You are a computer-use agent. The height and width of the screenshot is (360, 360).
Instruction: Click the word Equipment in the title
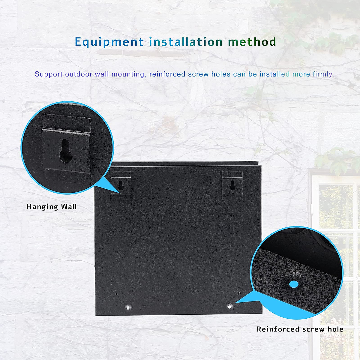click(x=109, y=42)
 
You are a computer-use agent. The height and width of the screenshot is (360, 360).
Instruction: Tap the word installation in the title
click(x=186, y=42)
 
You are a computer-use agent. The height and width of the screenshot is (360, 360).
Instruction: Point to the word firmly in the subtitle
click(x=323, y=74)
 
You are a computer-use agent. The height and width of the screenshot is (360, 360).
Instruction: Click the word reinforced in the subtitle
click(x=167, y=74)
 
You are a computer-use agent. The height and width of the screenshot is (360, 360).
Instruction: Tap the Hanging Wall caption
click(x=52, y=207)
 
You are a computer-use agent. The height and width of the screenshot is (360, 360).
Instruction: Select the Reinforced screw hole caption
click(x=300, y=329)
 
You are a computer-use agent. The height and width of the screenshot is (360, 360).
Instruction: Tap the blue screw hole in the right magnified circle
click(x=294, y=284)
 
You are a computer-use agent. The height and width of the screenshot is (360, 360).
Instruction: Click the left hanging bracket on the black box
click(x=121, y=186)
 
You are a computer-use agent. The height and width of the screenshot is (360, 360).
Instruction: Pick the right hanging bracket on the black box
click(x=232, y=185)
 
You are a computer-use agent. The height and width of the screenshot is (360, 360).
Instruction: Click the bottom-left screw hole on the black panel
click(x=128, y=307)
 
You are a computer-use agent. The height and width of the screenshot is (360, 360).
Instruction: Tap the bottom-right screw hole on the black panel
click(x=230, y=307)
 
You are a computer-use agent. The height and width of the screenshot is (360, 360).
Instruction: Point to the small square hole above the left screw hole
click(x=117, y=294)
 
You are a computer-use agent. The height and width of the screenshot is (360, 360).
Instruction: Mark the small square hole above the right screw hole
click(x=239, y=292)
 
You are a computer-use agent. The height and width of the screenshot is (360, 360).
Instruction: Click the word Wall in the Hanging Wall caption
click(x=69, y=207)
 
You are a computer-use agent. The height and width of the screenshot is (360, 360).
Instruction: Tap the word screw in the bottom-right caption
click(x=313, y=329)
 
